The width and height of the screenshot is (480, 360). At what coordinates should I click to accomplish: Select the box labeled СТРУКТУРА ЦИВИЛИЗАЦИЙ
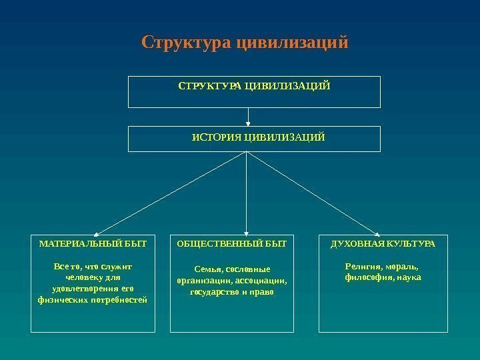click(x=253, y=92)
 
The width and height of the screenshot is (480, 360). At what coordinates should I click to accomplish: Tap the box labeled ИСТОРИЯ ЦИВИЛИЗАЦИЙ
click(x=253, y=139)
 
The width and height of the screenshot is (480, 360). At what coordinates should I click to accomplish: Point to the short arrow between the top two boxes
click(x=247, y=117)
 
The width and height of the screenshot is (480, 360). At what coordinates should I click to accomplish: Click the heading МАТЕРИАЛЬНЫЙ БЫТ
click(x=93, y=245)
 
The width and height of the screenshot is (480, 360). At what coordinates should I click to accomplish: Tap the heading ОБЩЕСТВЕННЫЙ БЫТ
click(x=232, y=245)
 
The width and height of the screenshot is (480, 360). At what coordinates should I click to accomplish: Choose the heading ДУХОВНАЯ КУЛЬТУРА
click(x=383, y=245)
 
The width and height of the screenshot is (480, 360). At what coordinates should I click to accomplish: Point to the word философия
click(x=369, y=277)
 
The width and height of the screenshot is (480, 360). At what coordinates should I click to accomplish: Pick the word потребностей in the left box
click(x=117, y=300)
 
